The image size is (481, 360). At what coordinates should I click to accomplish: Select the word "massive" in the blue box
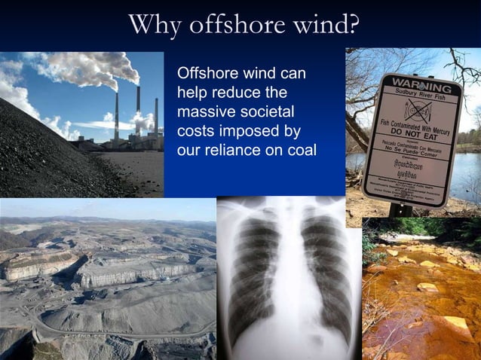pos(204,112)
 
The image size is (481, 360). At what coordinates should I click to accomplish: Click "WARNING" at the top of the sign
pos(413,81)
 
